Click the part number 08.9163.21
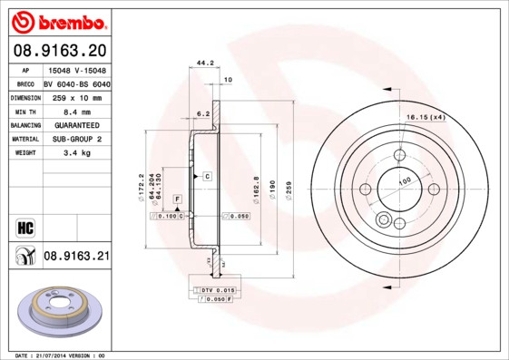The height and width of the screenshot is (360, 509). [x=77, y=257]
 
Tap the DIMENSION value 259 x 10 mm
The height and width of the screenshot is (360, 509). [x=76, y=96]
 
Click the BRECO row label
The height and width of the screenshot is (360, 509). [x=24, y=83]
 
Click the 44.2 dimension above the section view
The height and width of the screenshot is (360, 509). [x=204, y=63]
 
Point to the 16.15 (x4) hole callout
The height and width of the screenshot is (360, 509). [x=425, y=117]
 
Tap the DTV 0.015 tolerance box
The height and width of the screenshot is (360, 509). [x=218, y=288]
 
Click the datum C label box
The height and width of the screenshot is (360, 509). [x=207, y=175]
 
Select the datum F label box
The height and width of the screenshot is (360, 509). [x=176, y=198]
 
